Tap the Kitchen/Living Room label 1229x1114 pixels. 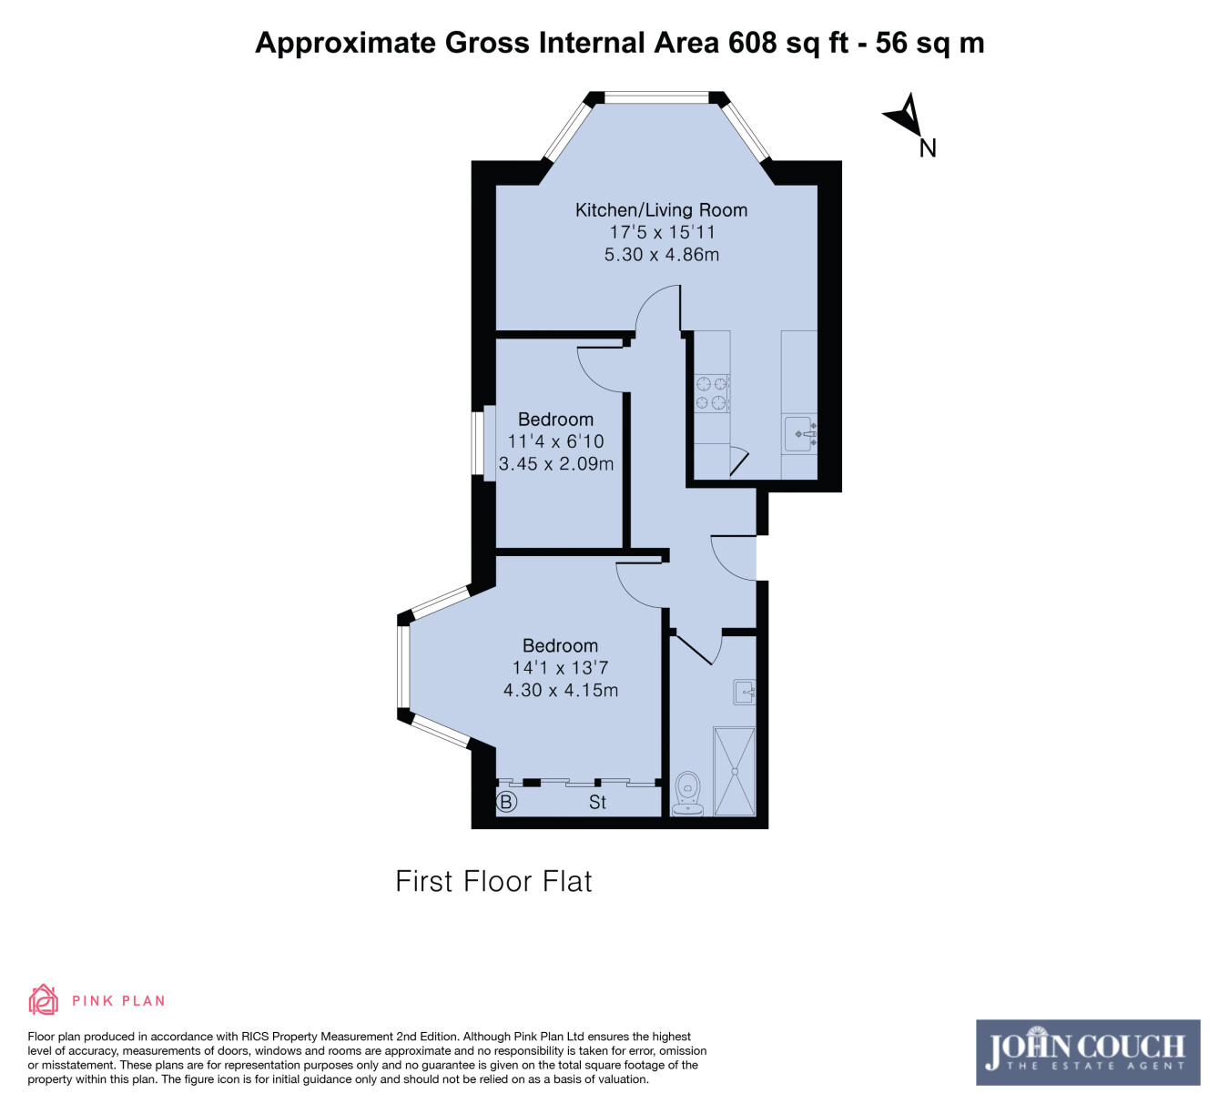(661, 210)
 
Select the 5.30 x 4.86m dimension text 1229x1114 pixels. (661, 254)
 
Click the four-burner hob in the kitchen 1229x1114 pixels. (711, 393)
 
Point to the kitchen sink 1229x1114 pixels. (800, 434)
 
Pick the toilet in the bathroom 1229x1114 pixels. (688, 794)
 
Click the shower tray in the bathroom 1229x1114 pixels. (734, 772)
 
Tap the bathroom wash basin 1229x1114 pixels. (745, 692)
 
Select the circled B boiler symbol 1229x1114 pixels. (506, 802)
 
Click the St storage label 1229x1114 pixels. (597, 802)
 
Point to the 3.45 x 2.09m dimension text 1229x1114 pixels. (555, 463)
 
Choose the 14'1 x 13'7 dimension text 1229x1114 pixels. (560, 667)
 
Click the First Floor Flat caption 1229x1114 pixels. (493, 881)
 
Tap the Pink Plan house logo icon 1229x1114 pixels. (44, 999)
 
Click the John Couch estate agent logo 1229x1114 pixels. (1088, 1052)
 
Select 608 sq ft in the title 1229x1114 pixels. (788, 44)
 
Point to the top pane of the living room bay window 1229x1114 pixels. (656, 97)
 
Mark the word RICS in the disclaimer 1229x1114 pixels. (256, 1037)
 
